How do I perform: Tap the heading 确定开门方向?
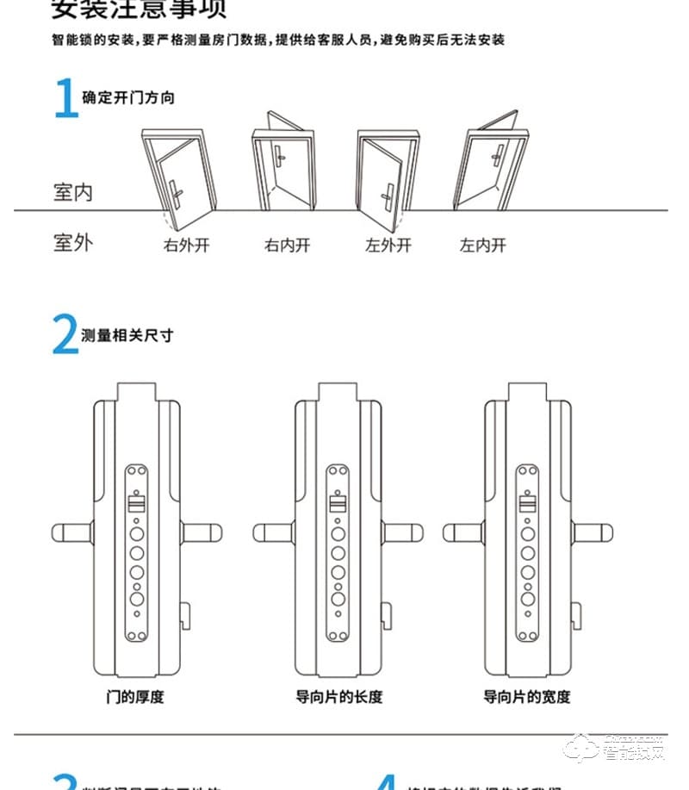(128, 97)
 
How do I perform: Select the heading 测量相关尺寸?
(127, 335)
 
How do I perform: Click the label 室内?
(72, 192)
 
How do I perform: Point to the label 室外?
(72, 242)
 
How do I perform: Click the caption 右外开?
(187, 246)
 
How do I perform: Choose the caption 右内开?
(287, 246)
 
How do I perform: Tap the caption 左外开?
(388, 246)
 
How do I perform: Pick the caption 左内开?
(482, 246)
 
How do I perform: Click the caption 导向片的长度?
(338, 696)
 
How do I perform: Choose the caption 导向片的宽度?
(526, 696)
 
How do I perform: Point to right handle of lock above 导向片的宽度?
(594, 532)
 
